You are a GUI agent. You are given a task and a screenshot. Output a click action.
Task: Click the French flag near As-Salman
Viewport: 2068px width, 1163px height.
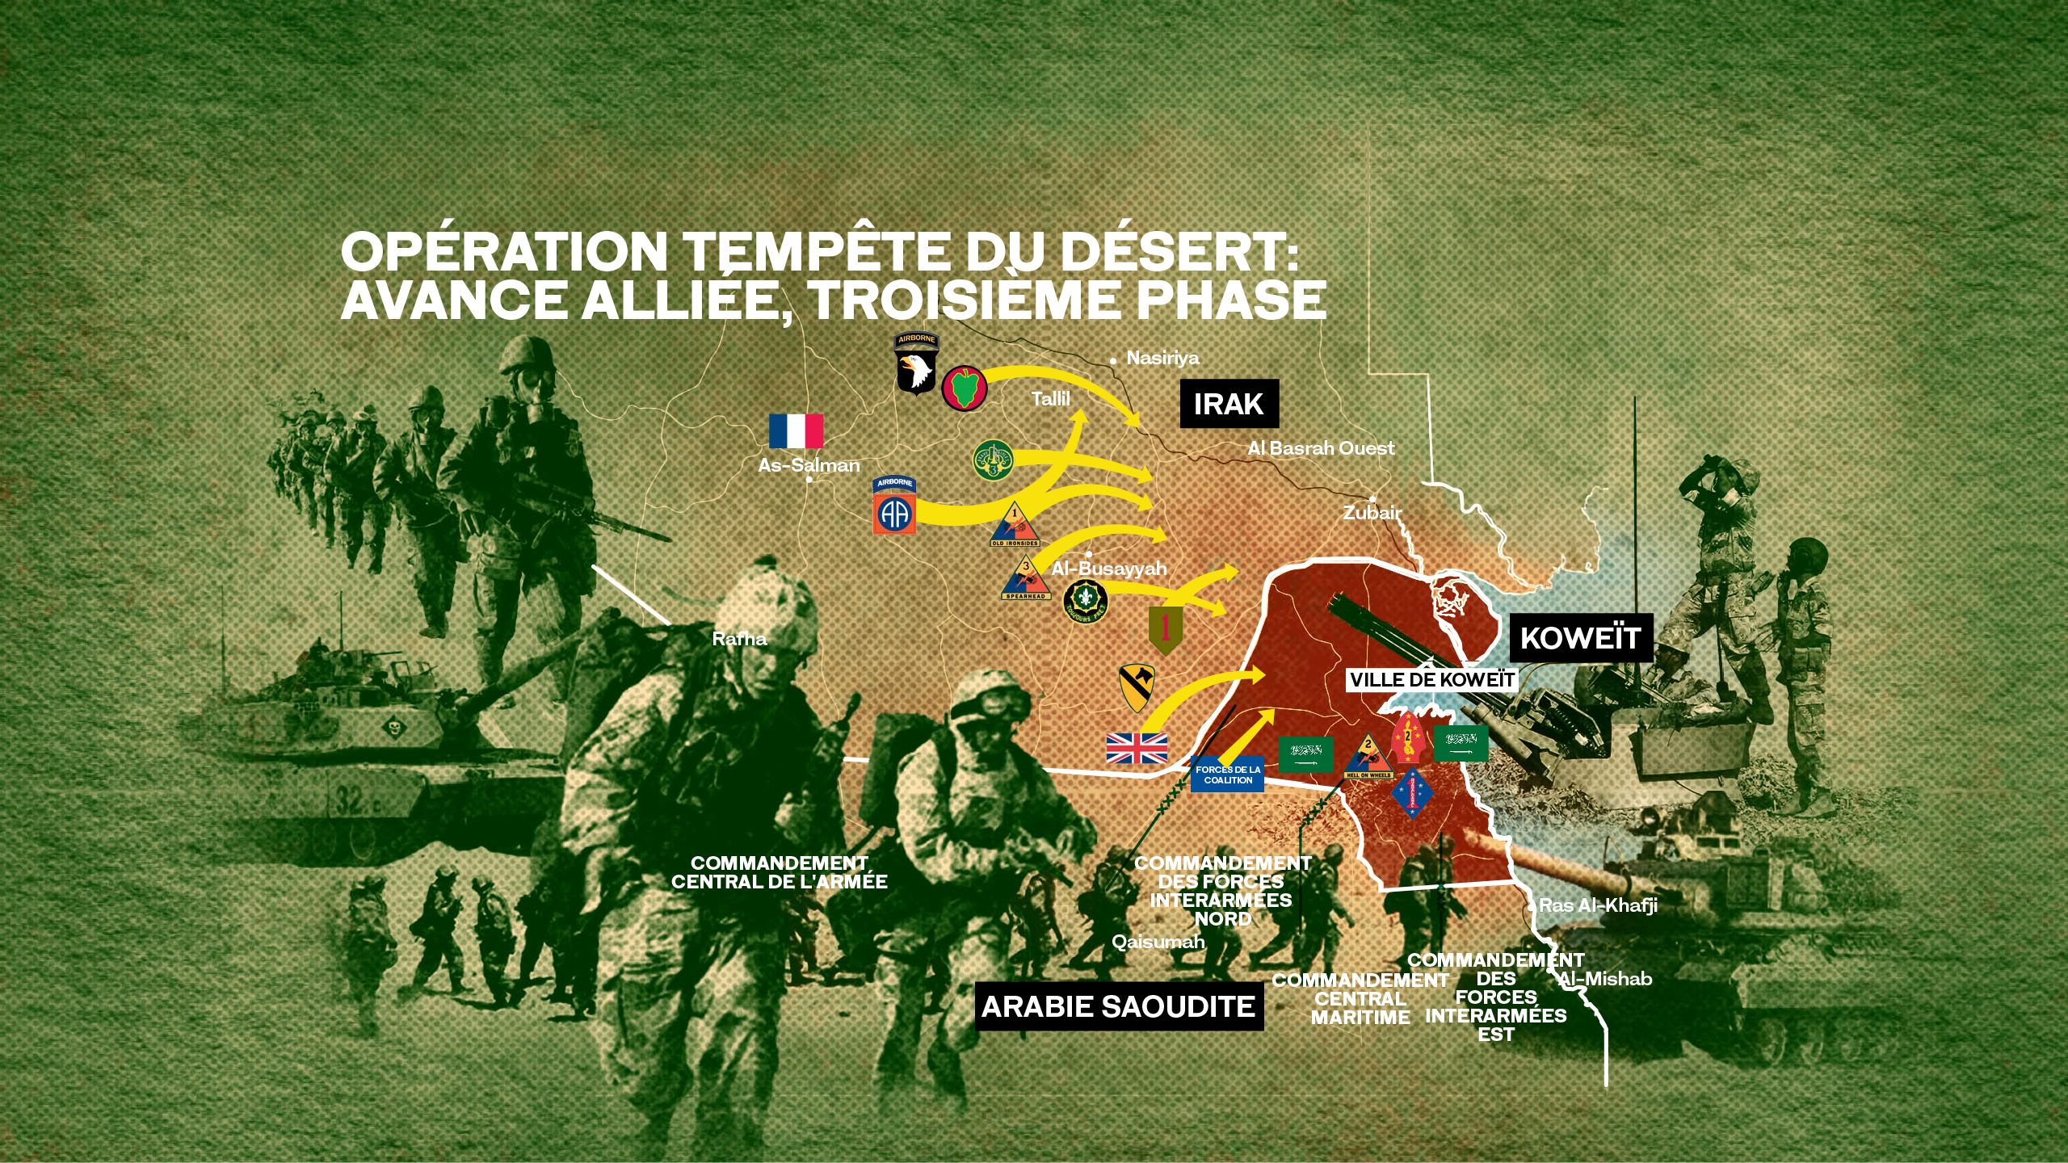point(796,431)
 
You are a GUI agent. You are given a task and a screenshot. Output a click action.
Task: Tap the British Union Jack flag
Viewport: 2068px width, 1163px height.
point(1137,748)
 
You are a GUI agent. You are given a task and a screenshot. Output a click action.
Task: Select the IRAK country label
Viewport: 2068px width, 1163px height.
point(1229,403)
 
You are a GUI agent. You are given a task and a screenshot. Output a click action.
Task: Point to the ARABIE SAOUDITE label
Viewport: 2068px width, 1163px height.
point(1118,1007)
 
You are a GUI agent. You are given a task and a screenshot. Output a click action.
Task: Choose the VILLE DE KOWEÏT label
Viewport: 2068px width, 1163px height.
point(1431,680)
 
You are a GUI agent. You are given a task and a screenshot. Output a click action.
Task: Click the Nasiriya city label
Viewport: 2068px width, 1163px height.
point(1162,358)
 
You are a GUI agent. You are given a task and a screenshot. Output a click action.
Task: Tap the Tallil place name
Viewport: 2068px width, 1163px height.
point(1050,398)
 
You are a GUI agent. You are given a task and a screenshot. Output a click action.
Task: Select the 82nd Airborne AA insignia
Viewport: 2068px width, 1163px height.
point(894,506)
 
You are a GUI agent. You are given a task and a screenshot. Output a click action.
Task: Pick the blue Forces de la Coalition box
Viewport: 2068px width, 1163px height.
point(1228,775)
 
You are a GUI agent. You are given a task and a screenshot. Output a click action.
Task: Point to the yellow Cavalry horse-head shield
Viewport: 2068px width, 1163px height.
point(1136,689)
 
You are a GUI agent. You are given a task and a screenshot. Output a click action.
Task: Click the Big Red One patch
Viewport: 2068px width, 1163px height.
point(1165,632)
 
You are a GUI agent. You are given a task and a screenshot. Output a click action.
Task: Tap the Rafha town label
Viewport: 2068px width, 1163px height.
point(739,639)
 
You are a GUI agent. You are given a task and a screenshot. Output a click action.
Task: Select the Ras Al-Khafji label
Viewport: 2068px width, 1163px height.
point(1598,905)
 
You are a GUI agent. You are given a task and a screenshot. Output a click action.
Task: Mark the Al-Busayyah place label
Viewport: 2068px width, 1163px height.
point(1109,569)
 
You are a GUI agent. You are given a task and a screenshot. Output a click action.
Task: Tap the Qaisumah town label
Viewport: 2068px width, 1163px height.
point(1158,942)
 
